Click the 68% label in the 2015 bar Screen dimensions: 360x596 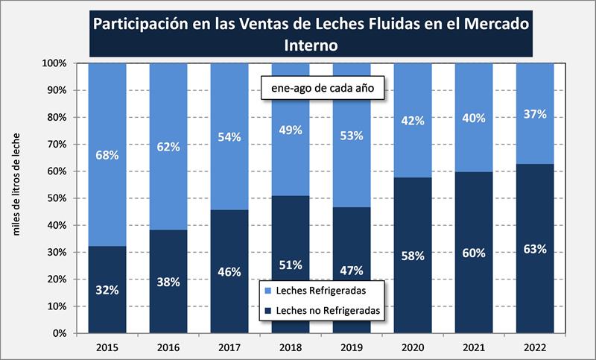click(x=107, y=155)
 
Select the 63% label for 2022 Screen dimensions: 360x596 click(x=534, y=249)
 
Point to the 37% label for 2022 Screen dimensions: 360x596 click(x=534, y=114)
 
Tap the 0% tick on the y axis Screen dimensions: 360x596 click(x=60, y=333)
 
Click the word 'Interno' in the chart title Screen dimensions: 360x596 click(x=311, y=45)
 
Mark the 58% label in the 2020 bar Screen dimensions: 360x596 click(x=412, y=256)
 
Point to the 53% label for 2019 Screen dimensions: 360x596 click(x=351, y=135)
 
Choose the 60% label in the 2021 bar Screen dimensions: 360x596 click(x=473, y=253)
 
